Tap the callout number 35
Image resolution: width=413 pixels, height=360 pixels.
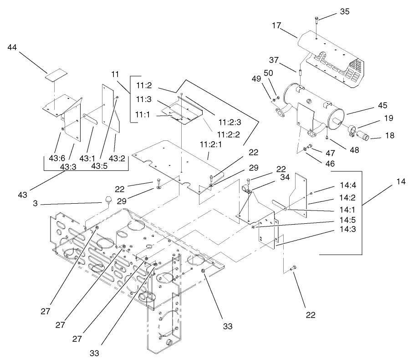[345, 12]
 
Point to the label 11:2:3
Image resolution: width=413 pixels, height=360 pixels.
[229, 122]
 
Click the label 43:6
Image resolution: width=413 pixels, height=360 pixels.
[57, 158]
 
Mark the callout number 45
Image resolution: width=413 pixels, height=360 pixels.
[382, 106]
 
